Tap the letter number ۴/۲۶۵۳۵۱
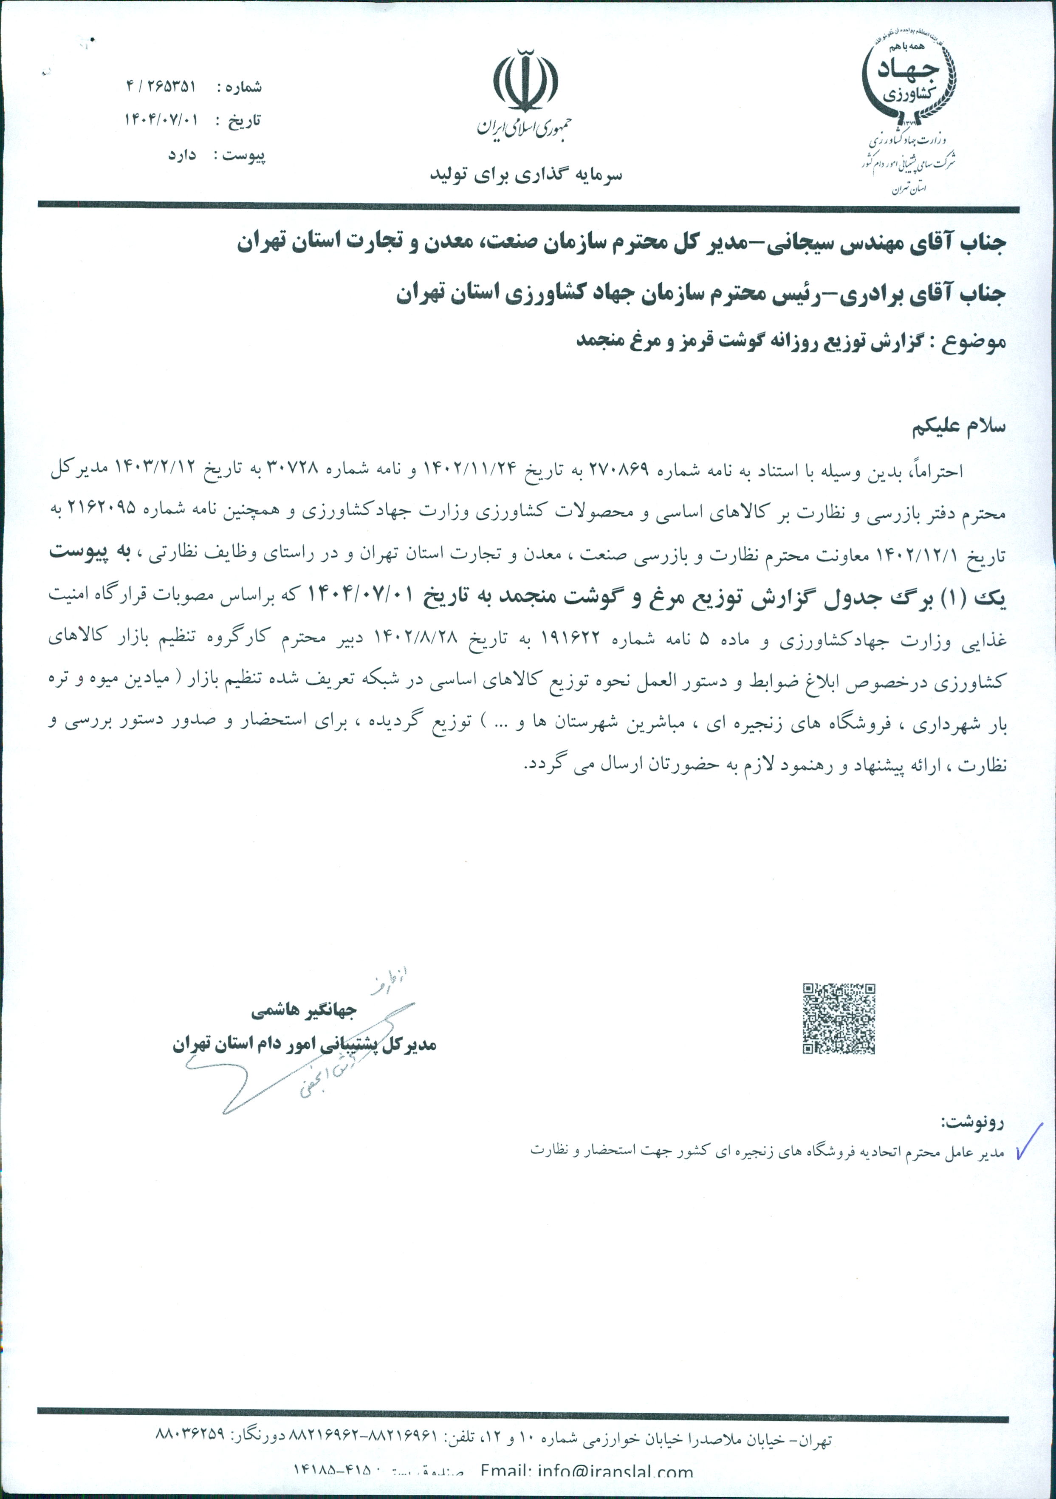pyautogui.click(x=161, y=86)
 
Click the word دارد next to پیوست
pyautogui.click(x=182, y=156)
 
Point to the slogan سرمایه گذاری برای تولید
pyautogui.click(x=525, y=175)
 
